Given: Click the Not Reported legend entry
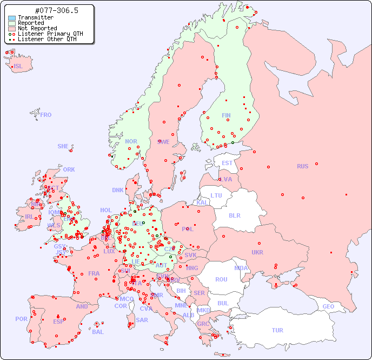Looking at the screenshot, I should (x=37, y=28).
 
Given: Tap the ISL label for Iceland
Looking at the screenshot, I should (x=18, y=67).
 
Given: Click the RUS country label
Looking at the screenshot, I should (x=302, y=166).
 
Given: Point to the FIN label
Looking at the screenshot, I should (x=226, y=115).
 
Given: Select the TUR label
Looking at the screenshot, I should (x=277, y=330).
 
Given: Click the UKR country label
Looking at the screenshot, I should (x=257, y=252).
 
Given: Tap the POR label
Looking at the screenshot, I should (x=21, y=319).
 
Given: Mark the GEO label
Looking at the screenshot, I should (x=328, y=306).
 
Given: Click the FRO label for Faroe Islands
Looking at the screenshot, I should (x=46, y=115).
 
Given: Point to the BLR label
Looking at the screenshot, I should (x=235, y=215).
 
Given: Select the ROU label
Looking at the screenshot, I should (x=221, y=279).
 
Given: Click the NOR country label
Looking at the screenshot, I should (x=131, y=141).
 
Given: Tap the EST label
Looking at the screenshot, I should (x=227, y=163).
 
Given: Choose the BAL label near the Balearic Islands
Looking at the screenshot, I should (x=98, y=332).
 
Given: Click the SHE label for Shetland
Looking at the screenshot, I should (x=63, y=146).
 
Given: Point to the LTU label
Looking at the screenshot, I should (x=216, y=195).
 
